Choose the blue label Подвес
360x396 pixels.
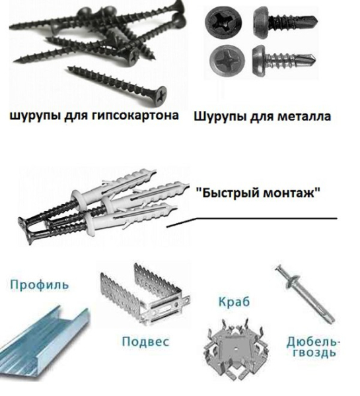click(x=145, y=341)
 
